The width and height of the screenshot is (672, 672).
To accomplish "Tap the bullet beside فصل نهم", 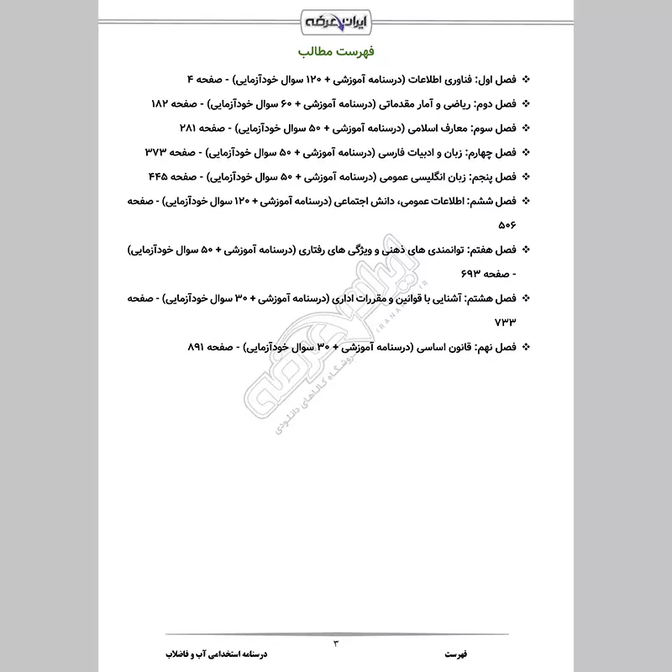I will tap(527, 347).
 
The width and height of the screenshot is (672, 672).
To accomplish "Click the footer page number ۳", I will tap(336, 643).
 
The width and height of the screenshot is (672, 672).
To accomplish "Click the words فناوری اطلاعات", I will tap(437, 79).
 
